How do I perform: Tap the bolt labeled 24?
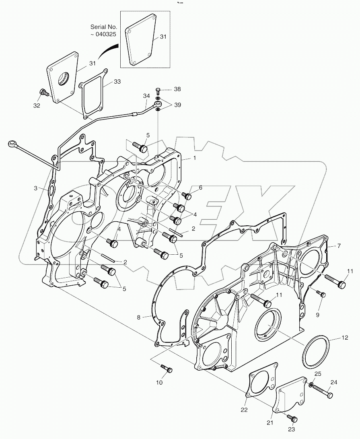(x=321, y=390)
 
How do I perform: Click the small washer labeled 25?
(x=311, y=385)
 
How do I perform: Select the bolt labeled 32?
(x=43, y=93)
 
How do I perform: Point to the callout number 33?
(x=117, y=81)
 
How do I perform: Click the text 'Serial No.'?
(x=104, y=26)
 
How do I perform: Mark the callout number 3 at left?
(x=35, y=188)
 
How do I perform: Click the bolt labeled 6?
(x=187, y=196)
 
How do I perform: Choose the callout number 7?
(x=339, y=245)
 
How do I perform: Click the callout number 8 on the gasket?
(x=139, y=317)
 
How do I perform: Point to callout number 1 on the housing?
(x=194, y=158)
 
